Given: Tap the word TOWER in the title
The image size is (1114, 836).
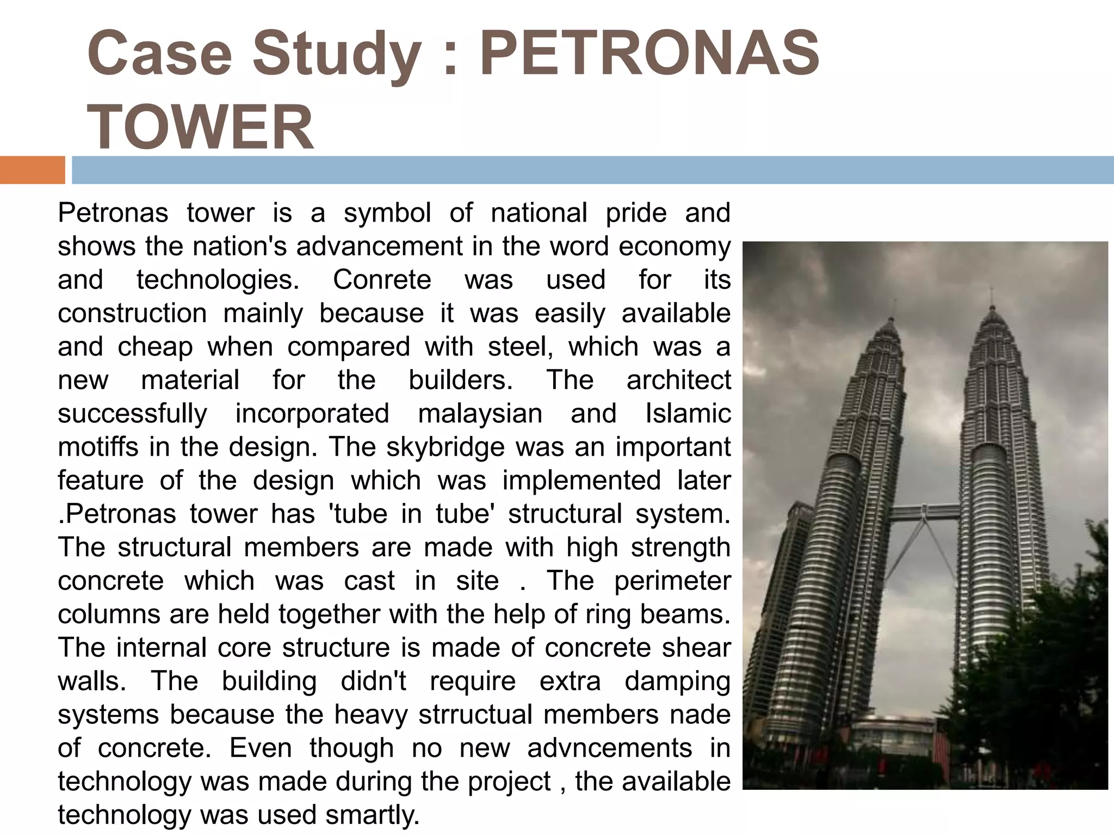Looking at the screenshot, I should click(200, 127).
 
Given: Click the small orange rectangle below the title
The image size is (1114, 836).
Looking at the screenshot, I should click(32, 170).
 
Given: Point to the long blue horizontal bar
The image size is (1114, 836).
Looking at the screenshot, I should click(593, 170).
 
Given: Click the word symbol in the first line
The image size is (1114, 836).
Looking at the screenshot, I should click(387, 212).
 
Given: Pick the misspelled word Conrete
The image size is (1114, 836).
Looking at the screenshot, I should click(382, 280).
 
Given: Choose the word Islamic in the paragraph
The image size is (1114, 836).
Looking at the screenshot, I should click(688, 414).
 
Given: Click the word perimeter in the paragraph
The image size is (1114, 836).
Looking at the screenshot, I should click(672, 581).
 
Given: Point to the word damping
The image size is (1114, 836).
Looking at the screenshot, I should click(677, 681).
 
